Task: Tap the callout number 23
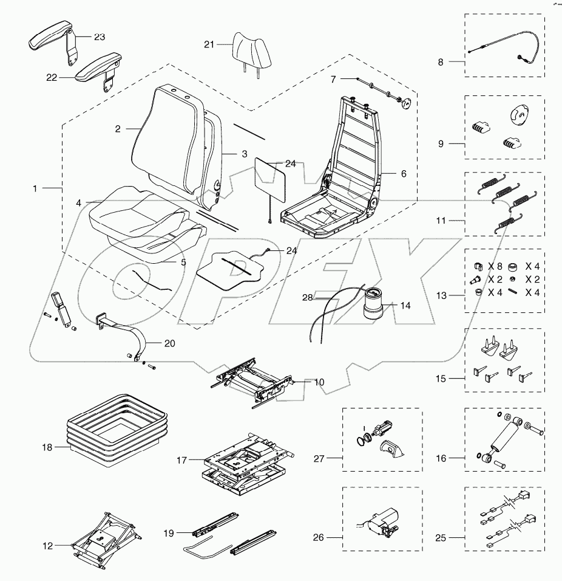tap(99, 36)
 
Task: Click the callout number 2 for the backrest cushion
tap(118, 129)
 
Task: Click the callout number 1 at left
tap(35, 189)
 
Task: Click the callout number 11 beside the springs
tap(441, 220)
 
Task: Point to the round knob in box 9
tap(516, 114)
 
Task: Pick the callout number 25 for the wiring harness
tap(441, 538)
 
